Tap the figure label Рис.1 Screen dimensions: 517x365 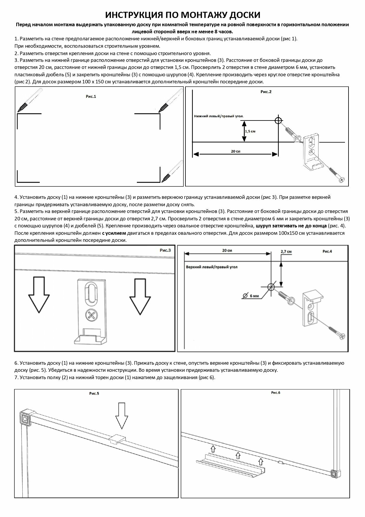tap(91, 96)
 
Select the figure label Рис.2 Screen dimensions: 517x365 tap(266, 92)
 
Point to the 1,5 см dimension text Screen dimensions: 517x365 tap(250, 131)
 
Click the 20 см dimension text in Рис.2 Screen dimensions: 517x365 tap(235, 151)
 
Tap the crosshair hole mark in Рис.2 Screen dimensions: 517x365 tap(278, 120)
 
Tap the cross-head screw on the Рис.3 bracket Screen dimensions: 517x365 tap(92, 316)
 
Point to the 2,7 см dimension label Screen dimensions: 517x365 tap(286, 252)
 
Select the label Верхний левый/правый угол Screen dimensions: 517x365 tap(212, 267)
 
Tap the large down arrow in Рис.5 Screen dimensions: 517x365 tap(121, 417)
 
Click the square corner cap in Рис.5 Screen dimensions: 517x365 tap(25, 417)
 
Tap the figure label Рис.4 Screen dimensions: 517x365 tap(327, 251)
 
